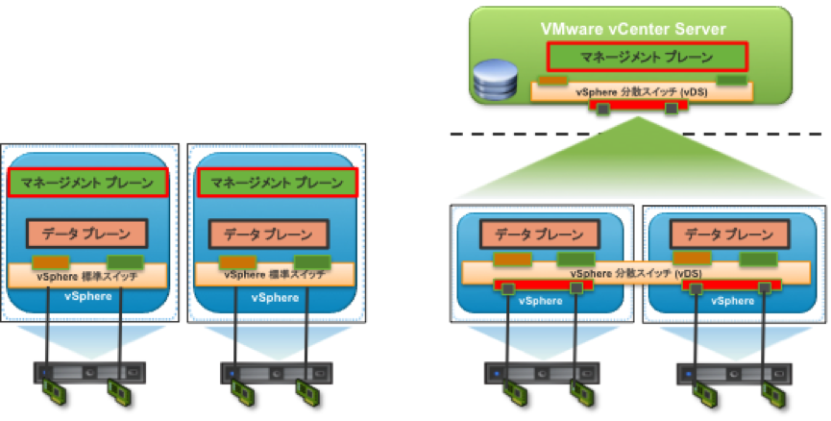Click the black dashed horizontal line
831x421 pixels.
click(x=634, y=135)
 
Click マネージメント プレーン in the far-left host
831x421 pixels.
click(x=88, y=182)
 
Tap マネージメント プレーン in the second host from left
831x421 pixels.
click(x=276, y=182)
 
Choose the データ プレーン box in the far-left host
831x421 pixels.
click(x=88, y=234)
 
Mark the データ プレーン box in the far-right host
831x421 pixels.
click(x=725, y=234)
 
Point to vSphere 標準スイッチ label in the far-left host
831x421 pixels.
click(x=88, y=275)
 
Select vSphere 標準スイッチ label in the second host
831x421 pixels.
click(x=275, y=275)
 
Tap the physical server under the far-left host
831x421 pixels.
click(x=88, y=370)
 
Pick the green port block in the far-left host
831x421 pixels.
click(x=124, y=261)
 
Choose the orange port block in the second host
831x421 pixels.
click(x=236, y=261)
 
